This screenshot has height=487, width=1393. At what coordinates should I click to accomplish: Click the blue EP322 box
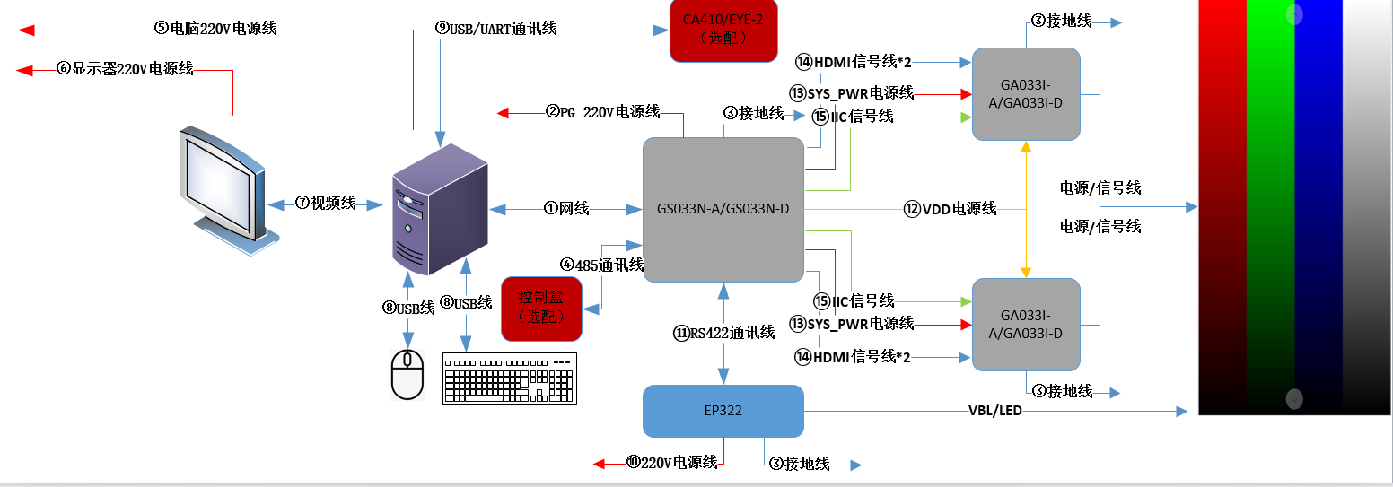point(723,411)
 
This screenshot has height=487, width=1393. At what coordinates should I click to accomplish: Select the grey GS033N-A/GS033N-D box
point(723,209)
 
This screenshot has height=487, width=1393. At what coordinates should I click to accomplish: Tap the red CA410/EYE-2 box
point(723,30)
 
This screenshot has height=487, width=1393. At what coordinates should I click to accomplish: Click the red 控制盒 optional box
point(541,309)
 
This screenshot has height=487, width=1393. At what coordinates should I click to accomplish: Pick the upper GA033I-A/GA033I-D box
point(1026,94)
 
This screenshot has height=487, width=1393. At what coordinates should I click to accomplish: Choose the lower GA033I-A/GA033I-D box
point(1026,324)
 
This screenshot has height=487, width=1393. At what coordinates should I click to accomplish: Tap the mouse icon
point(407,374)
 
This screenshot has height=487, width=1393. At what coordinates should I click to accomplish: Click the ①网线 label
point(566,209)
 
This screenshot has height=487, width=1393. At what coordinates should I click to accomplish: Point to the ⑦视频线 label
point(326,204)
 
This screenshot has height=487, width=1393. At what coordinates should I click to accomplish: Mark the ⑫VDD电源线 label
point(951,209)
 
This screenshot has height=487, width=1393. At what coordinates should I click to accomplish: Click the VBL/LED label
point(994,411)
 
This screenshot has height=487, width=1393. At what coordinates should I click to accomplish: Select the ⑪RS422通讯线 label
point(723,333)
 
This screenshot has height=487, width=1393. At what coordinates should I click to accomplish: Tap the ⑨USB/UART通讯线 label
point(496,29)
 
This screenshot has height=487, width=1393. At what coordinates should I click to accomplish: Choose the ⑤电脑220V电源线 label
point(215,29)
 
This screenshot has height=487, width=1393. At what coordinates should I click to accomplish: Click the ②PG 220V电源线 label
point(602,112)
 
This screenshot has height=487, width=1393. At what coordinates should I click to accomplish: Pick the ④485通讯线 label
point(602,265)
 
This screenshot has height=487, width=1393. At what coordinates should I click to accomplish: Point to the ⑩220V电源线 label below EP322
point(671,463)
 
